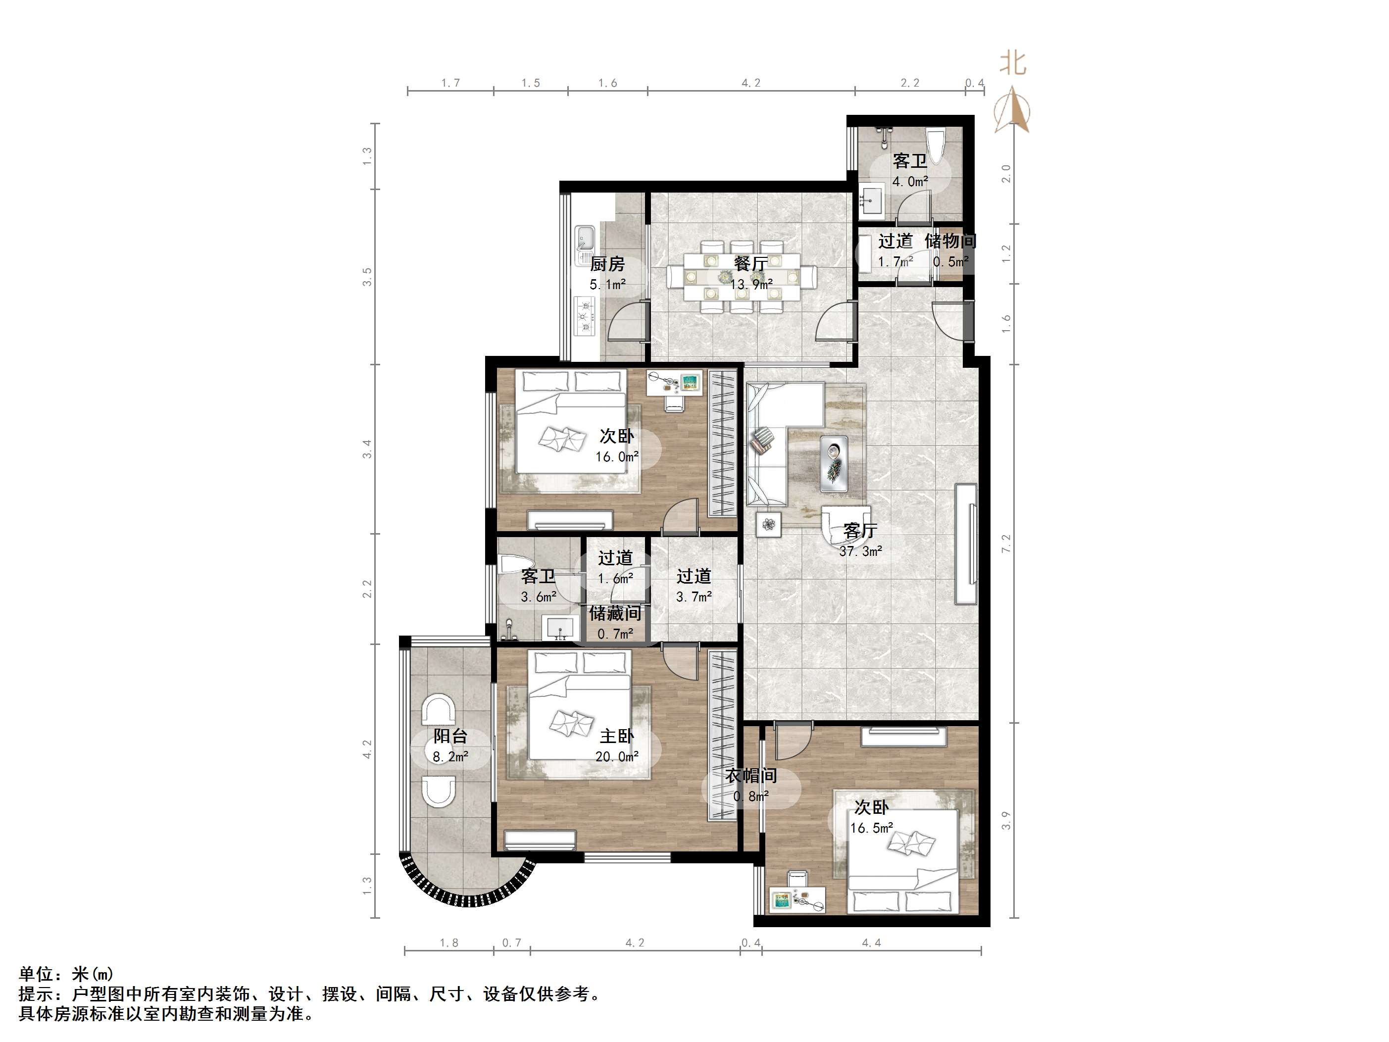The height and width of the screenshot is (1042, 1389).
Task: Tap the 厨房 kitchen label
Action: [x=607, y=264]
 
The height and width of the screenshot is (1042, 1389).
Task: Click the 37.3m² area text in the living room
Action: [x=860, y=551]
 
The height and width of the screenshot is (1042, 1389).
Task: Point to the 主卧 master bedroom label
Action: [x=617, y=736]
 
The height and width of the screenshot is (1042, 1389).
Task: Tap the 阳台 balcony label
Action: [x=450, y=736]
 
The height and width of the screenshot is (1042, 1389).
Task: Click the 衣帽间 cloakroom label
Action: [x=751, y=776]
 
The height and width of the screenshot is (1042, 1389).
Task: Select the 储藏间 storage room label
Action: [x=615, y=613]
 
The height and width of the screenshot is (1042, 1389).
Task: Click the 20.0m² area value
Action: [x=617, y=757]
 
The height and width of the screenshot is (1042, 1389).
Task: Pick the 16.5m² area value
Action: [x=872, y=828]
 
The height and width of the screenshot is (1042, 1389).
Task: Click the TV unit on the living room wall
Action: [x=966, y=544]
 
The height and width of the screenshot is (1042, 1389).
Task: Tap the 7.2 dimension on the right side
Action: [x=1006, y=544]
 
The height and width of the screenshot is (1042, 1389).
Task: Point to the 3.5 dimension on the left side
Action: [x=367, y=276]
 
